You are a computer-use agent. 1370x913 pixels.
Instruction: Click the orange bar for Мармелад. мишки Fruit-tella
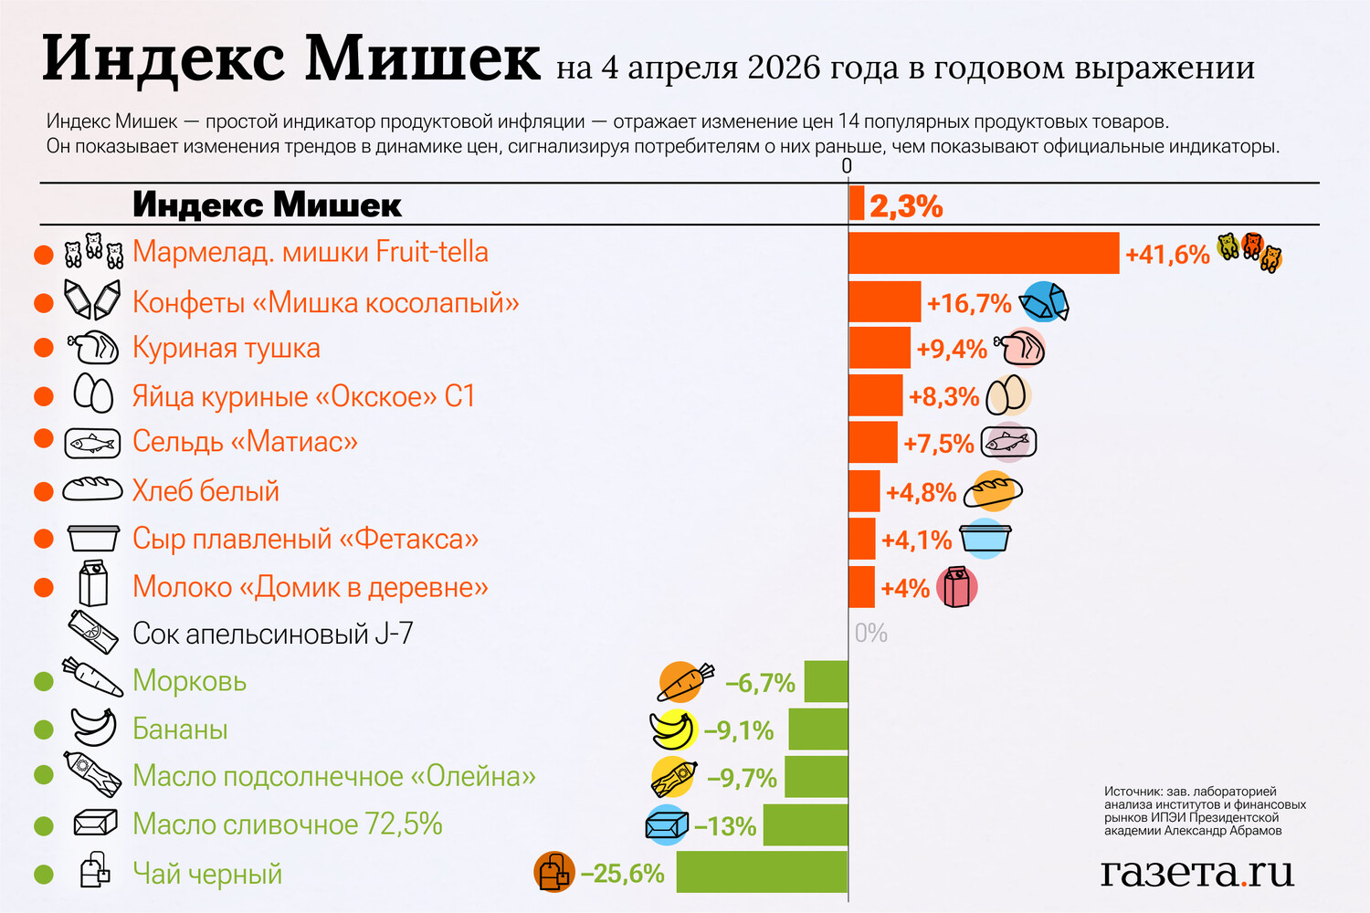(x=984, y=253)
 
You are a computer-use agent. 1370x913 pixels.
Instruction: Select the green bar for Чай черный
(x=762, y=872)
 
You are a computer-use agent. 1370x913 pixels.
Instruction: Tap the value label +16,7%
(x=969, y=303)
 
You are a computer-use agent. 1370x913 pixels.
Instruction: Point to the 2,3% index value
(x=905, y=206)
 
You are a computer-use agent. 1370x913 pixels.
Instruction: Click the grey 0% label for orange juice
(x=870, y=633)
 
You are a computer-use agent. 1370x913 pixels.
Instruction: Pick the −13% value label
(x=725, y=826)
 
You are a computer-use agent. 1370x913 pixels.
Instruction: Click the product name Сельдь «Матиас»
(x=245, y=442)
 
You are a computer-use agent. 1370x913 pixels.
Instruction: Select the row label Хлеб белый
(x=205, y=491)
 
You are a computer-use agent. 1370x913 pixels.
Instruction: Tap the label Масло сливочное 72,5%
(x=287, y=824)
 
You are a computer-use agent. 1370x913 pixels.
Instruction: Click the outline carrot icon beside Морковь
(x=92, y=677)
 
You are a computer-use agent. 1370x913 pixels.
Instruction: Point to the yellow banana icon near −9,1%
(x=673, y=729)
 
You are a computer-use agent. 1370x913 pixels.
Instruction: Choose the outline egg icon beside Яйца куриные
(x=92, y=394)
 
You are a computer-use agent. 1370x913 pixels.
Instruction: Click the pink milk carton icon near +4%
(x=956, y=587)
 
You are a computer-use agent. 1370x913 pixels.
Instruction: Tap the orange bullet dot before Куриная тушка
(x=43, y=348)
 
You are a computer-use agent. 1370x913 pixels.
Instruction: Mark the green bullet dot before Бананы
(x=43, y=729)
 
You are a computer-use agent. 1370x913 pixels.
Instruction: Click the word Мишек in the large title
(x=422, y=58)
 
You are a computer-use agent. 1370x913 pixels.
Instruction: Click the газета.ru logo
(x=1196, y=872)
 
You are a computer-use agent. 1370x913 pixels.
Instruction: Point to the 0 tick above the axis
(x=847, y=165)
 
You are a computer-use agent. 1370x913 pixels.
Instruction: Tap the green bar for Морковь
(x=826, y=682)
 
